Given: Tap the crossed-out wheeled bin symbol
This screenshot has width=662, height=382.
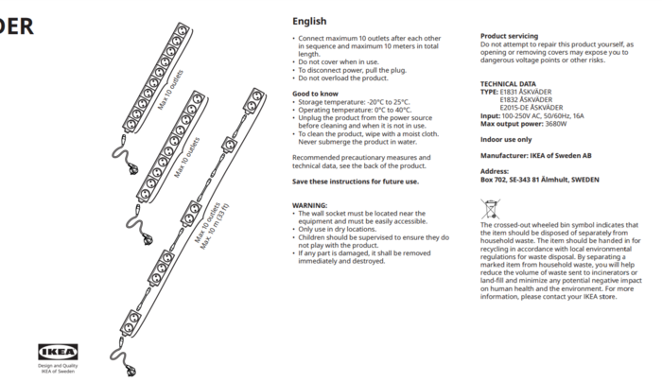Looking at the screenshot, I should pos(490,209).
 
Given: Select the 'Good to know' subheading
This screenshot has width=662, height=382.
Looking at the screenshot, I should pos(315,94).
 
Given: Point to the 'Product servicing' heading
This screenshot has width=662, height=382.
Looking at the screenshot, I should pos(510,36).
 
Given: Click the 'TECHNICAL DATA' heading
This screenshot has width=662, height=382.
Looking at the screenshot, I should pos(508,83).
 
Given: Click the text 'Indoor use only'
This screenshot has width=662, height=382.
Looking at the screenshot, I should pos(506,139).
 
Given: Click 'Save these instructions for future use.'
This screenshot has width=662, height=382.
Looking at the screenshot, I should pos(355,182).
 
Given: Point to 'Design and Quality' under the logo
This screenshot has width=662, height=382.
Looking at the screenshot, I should pos(58,365).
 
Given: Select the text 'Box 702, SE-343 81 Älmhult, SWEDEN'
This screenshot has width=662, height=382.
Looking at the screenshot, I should pos(539,179).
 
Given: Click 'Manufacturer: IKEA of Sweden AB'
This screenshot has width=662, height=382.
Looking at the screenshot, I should pos(536,155).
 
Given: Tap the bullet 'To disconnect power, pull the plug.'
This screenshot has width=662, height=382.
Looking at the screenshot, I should pos(352,70).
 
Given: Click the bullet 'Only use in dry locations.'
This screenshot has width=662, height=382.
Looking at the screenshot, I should pos(340,229).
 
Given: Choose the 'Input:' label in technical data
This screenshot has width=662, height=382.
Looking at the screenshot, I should pos(490,115).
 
